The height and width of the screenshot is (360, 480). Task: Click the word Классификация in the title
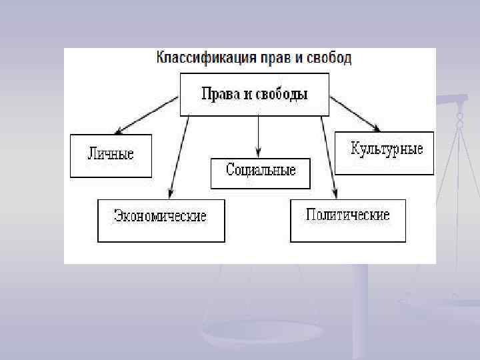pyautogui.click(x=198, y=57)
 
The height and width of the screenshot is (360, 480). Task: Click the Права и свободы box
pyautogui.click(x=255, y=94)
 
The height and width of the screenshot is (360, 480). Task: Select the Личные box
pyautogui.click(x=111, y=155)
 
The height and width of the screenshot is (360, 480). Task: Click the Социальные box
pyautogui.click(x=261, y=173)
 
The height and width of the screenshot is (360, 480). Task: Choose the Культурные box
pyautogui.click(x=384, y=153)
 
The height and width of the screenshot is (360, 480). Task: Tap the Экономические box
pyautogui.click(x=161, y=220)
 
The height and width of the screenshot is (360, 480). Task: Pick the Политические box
pyautogui.click(x=347, y=220)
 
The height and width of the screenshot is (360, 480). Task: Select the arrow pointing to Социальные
pyautogui.click(x=259, y=137)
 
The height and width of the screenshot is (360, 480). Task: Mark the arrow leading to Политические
pyautogui.click(x=328, y=157)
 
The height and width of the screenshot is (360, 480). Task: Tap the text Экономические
pyautogui.click(x=161, y=217)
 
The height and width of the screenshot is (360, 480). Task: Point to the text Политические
pyautogui.click(x=347, y=215)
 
